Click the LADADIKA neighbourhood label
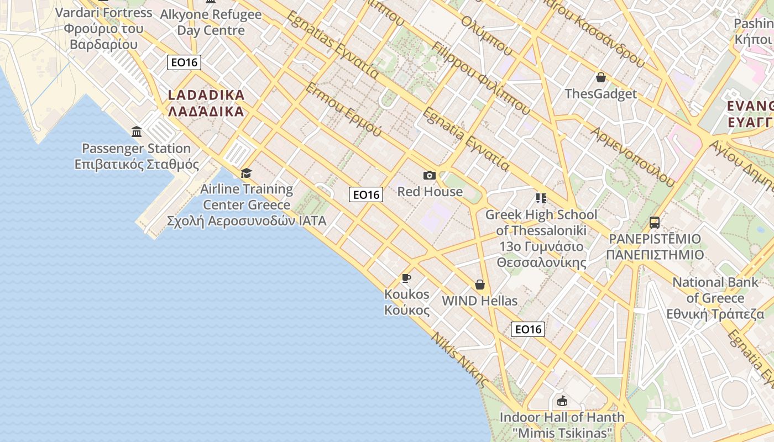pyautogui.click(x=206, y=103)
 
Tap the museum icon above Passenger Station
pyautogui.click(x=137, y=131)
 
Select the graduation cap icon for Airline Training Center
pyautogui.click(x=246, y=173)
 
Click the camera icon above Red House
pyautogui.click(x=429, y=176)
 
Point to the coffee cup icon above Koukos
pyautogui.click(x=406, y=278)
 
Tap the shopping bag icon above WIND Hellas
pyautogui.click(x=479, y=285)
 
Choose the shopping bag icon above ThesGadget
pyautogui.click(x=600, y=77)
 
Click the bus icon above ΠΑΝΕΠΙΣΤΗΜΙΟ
pyautogui.click(x=655, y=223)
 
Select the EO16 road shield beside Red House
pyautogui.click(x=366, y=194)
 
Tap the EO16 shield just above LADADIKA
pyautogui.click(x=184, y=62)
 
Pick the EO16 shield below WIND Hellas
pyautogui.click(x=528, y=329)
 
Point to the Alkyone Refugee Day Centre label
pyautogui.click(x=211, y=22)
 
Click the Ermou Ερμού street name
pyautogui.click(x=343, y=110)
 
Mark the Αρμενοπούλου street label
pyautogui.click(x=632, y=157)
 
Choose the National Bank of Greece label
pyautogui.click(x=715, y=298)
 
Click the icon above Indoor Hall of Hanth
pyautogui.click(x=562, y=401)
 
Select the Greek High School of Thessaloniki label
pyautogui.click(x=541, y=238)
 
